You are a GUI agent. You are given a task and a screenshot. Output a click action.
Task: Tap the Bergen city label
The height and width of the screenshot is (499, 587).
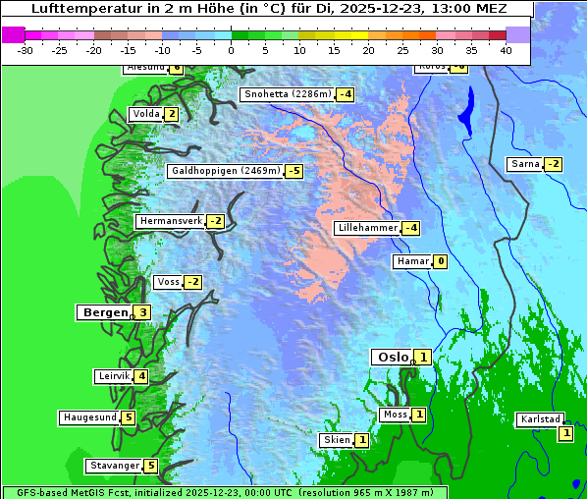[103, 312]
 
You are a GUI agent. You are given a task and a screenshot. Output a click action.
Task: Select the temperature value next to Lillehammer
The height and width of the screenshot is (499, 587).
[411, 228]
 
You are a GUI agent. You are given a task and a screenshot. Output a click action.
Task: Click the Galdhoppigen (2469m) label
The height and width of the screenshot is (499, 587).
[226, 171]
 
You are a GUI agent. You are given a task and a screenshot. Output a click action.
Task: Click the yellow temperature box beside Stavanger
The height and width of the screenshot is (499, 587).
[150, 466]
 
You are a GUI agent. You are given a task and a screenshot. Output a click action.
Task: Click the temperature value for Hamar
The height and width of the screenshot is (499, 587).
[441, 261]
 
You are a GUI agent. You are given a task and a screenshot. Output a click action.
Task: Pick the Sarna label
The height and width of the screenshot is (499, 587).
[525, 164]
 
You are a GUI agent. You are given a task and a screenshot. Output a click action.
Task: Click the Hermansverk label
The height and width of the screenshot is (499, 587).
[170, 221]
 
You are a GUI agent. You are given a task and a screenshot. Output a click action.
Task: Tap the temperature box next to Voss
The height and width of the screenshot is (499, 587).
[192, 283]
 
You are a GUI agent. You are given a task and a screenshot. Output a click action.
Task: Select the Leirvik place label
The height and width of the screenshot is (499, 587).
[114, 376]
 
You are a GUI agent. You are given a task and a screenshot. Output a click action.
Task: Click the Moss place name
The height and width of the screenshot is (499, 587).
[395, 415]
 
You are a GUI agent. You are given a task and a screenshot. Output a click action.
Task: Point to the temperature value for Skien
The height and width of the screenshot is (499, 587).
[361, 440]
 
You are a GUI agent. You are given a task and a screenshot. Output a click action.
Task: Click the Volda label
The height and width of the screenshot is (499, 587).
[146, 114]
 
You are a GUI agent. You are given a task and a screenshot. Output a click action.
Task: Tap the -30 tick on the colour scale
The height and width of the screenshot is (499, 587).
[26, 49]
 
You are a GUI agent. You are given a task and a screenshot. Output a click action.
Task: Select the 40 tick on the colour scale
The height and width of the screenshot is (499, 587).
[506, 49]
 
